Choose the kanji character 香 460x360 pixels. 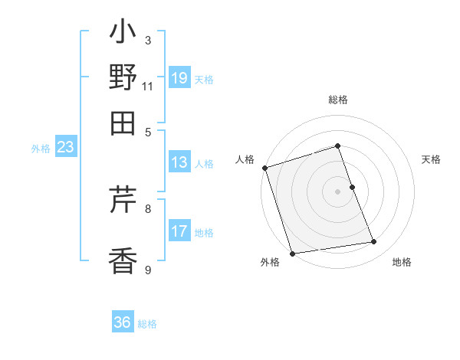[x=123, y=261]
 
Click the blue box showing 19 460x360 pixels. [x=179, y=78]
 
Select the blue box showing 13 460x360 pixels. [x=179, y=162]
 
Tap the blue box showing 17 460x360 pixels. [x=179, y=231]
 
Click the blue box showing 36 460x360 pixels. [x=123, y=322]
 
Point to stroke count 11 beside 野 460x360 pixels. [x=148, y=86]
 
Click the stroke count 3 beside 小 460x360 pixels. [x=147, y=40]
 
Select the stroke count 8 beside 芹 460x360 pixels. [x=147, y=208]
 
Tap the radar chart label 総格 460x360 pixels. [x=338, y=100]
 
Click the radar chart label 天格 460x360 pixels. [x=432, y=159]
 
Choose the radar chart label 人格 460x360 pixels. [x=245, y=159]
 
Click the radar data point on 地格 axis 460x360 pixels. [x=374, y=242]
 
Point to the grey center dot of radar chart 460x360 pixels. [x=338, y=191]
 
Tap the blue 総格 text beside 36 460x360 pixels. [x=147, y=324]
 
